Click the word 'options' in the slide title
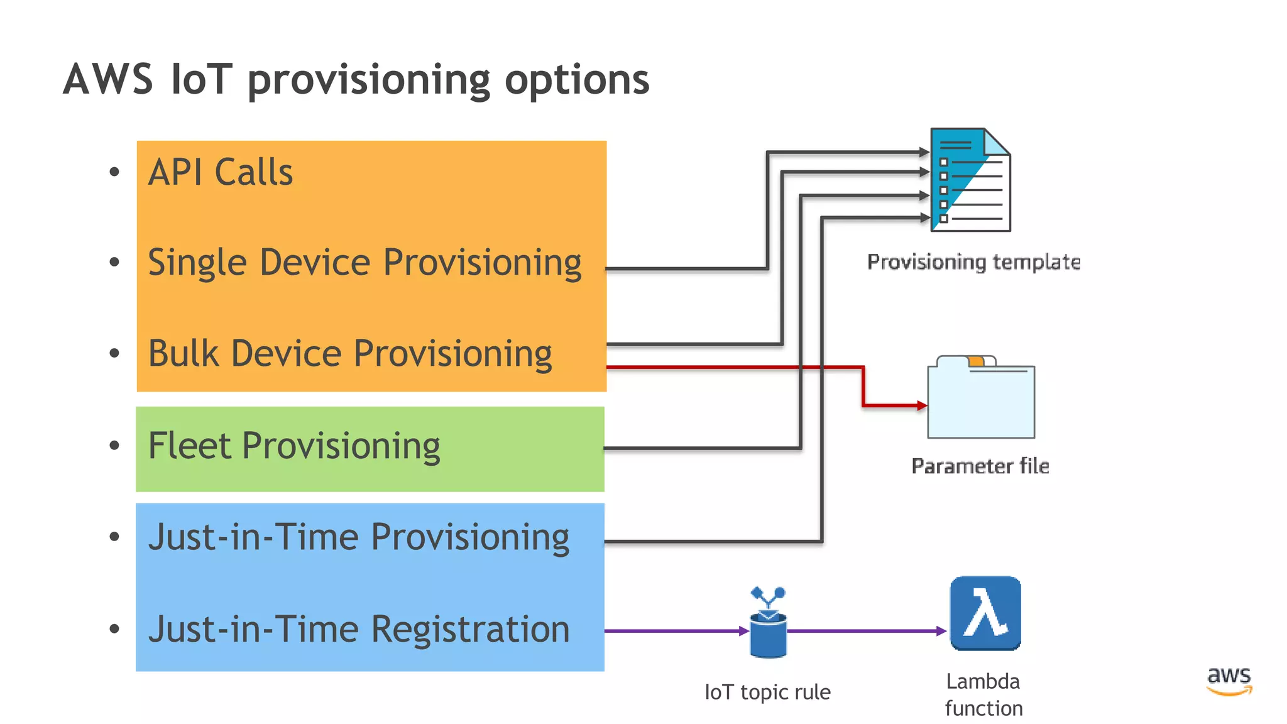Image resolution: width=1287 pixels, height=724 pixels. pos(577,80)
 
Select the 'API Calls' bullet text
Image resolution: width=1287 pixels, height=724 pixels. pos(221,172)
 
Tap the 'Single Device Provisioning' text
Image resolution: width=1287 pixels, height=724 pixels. pos(364,263)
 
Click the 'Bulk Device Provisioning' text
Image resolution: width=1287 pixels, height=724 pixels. pos(350,353)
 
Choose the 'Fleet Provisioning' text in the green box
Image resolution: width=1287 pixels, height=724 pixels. pos(294,446)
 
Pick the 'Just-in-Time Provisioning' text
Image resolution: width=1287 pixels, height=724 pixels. pos(359,538)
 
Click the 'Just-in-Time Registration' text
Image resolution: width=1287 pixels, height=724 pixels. pos(359,629)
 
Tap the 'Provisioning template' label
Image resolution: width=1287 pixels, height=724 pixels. pos(973,261)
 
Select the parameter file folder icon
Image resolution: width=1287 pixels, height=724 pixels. pos(981,399)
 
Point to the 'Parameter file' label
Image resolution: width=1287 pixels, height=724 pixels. pos(980,466)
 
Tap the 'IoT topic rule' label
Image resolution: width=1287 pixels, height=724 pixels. pos(767,692)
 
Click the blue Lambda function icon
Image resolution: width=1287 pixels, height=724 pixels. pos(985,613)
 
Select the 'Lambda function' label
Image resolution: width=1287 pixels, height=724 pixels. pos(983,694)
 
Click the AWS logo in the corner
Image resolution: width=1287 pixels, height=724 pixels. pos(1229,681)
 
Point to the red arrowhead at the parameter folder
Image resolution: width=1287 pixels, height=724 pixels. pos(922,406)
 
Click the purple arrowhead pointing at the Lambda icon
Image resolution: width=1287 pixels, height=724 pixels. pos(941,631)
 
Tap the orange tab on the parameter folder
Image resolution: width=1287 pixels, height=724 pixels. pos(976,361)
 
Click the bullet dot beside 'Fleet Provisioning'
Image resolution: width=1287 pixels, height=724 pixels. pos(114,446)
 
